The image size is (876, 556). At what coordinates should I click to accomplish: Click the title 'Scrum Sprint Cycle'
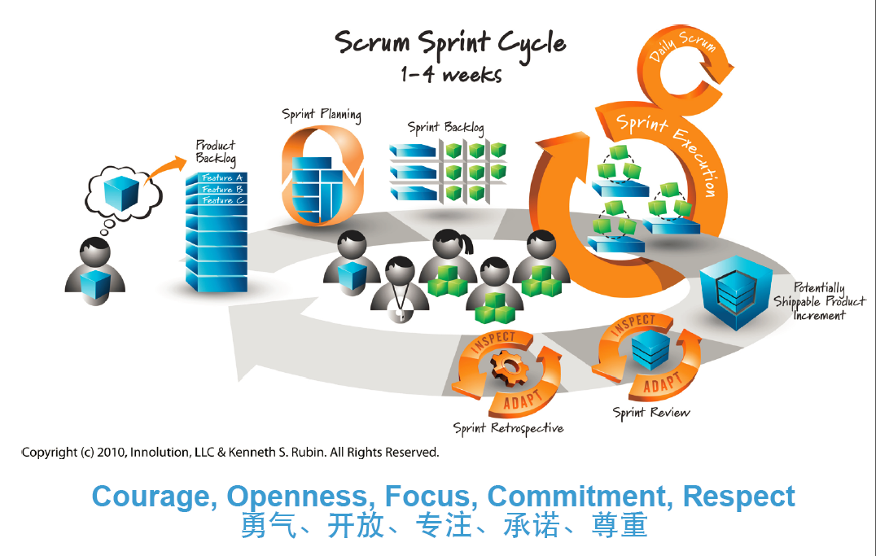[450, 42]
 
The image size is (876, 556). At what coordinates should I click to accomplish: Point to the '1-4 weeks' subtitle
[450, 75]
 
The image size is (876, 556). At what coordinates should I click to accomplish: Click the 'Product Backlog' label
[215, 151]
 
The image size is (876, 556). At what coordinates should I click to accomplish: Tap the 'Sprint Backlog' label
[445, 127]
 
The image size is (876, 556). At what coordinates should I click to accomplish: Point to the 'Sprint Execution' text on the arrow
[669, 151]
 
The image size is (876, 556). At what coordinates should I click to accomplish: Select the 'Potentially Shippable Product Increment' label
[819, 301]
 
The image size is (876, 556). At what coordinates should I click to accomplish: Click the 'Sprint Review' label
[650, 413]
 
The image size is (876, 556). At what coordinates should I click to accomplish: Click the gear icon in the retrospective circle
[510, 370]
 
